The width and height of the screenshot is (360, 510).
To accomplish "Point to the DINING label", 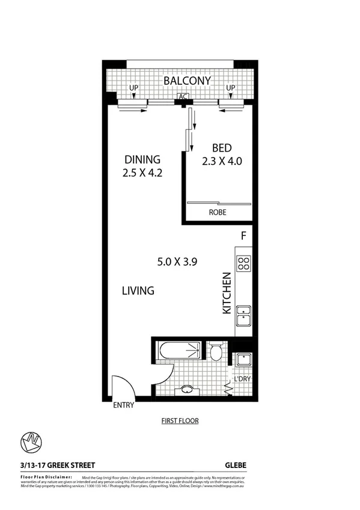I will click(x=142, y=160).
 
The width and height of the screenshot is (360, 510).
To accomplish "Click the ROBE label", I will click(x=217, y=212).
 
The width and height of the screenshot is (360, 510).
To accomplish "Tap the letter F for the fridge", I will click(x=243, y=235).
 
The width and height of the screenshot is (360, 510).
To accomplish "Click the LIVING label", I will click(x=138, y=290).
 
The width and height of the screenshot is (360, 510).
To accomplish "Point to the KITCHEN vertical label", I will click(x=227, y=293).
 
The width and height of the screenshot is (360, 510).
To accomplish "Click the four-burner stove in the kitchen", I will click(x=243, y=262).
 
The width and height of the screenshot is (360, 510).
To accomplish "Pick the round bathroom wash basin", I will click(x=187, y=390).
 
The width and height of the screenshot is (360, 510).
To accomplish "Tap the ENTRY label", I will click(x=123, y=405).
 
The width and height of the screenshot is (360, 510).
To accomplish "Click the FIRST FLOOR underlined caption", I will click(x=180, y=421).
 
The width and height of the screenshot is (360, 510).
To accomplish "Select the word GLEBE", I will click(x=235, y=464).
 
